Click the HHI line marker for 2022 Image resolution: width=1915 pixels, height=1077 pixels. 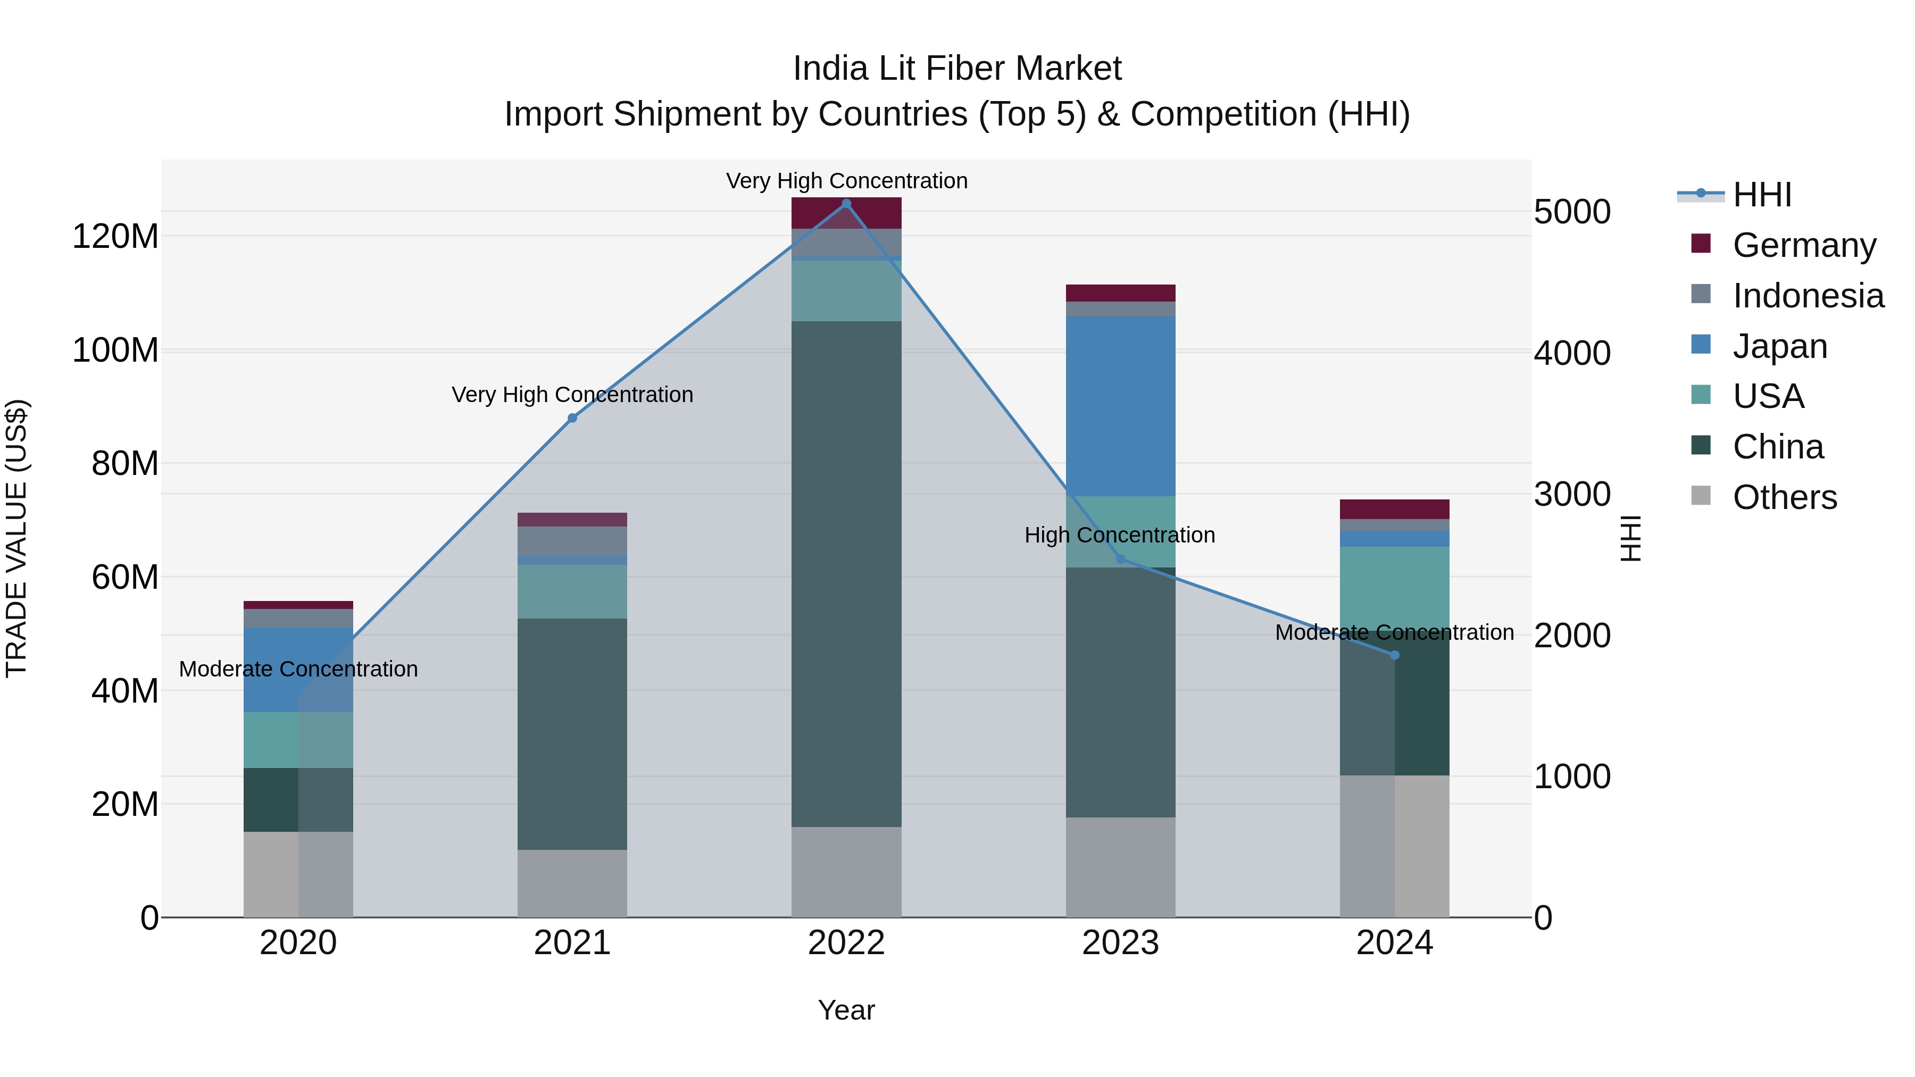coord(846,204)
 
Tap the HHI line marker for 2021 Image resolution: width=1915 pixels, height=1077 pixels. coord(572,419)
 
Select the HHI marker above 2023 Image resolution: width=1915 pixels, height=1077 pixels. coord(1120,559)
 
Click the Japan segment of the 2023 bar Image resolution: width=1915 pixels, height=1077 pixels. coord(1120,406)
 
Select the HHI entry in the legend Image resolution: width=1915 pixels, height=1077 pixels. coord(1761,195)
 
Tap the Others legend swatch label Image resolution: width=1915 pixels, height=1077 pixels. coord(1784,497)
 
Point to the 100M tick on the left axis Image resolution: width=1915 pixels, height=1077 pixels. coord(115,350)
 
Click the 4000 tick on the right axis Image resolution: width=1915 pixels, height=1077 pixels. coord(1571,353)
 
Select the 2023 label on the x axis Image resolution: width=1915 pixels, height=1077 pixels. coord(1120,943)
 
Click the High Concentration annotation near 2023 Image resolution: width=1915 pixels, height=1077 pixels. coord(1120,535)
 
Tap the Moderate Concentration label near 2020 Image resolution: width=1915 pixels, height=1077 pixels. coord(298,669)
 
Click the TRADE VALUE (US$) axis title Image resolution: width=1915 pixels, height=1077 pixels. coord(16,538)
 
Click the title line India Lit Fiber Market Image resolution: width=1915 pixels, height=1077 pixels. coord(957,69)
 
